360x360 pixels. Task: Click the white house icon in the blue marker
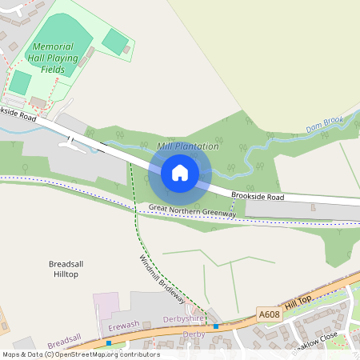pos(180,172)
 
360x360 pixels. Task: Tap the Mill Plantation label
pos(188,146)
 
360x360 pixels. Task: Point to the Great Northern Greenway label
pos(192,210)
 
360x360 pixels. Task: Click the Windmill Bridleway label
pos(162,278)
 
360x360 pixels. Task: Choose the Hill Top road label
pos(299,304)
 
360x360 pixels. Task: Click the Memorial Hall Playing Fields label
pos(55,58)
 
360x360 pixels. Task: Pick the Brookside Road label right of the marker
pos(258,195)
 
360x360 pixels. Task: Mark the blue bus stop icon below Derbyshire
pos(216,326)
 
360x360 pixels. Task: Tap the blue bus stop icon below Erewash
pos(109,343)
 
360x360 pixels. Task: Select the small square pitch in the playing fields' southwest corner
pos(20,82)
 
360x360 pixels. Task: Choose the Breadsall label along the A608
pos(64,342)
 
